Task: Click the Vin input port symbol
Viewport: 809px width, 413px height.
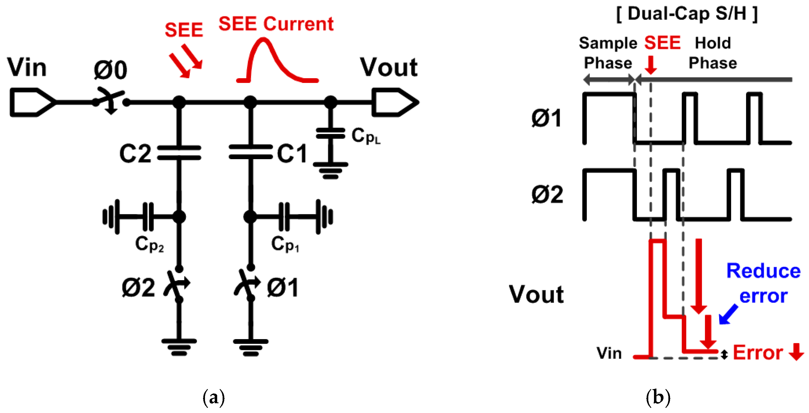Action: point(31,102)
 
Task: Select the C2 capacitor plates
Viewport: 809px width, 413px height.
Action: point(179,153)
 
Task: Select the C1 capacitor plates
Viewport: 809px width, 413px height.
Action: point(250,152)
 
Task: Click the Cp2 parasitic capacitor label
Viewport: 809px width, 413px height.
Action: point(149,244)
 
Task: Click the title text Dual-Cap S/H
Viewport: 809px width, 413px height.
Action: point(687,14)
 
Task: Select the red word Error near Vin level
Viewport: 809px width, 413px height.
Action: point(757,353)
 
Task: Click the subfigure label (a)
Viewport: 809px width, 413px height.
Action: point(214,398)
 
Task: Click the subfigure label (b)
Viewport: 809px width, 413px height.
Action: point(658,398)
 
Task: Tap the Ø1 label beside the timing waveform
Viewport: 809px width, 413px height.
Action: point(546,118)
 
